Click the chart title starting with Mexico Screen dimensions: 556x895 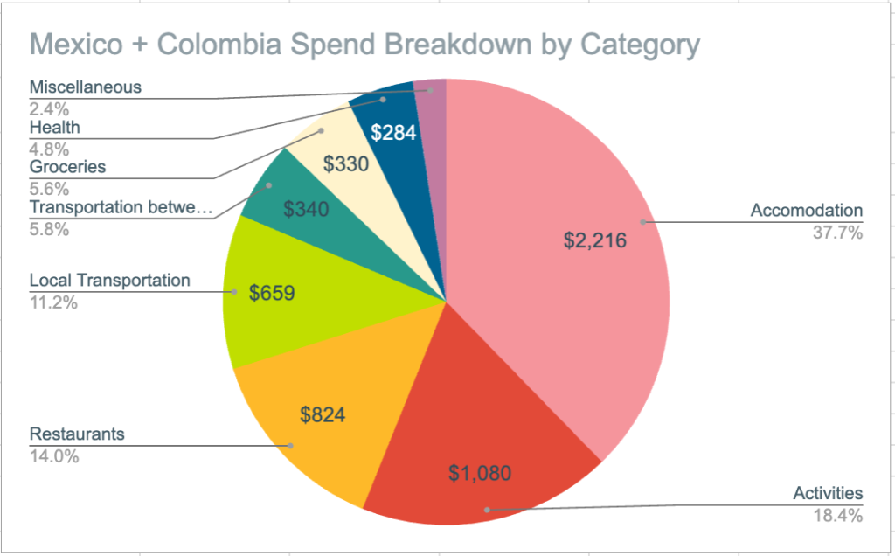(364, 45)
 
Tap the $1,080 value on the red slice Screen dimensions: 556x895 (479, 474)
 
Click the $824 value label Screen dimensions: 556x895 (323, 414)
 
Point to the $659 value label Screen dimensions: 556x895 (272, 293)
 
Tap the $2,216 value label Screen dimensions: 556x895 (595, 240)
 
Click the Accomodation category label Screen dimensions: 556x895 (806, 211)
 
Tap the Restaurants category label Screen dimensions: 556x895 (77, 434)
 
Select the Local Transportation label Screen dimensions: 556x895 (109, 281)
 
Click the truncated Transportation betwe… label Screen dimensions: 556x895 (121, 207)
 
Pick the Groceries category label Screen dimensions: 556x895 (67, 167)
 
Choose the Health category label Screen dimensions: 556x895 (54, 127)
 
